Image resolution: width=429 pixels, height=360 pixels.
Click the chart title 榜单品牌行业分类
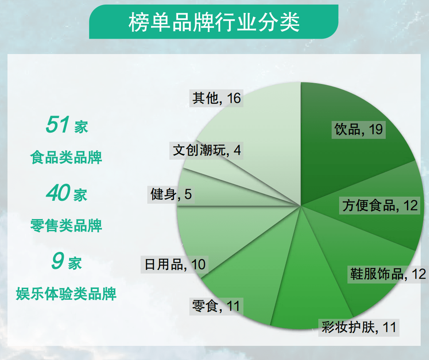click(x=214, y=22)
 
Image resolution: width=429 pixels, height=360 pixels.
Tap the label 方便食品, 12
click(x=380, y=205)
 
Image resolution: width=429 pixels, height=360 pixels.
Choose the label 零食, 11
click(x=216, y=307)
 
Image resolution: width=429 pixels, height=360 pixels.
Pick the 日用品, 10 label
click(x=175, y=264)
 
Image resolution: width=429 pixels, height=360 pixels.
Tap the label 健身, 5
click(x=171, y=194)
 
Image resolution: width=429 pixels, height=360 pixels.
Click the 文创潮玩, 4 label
click(x=207, y=150)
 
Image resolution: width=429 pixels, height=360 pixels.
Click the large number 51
click(x=58, y=124)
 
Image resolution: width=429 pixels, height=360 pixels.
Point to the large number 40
click(x=58, y=193)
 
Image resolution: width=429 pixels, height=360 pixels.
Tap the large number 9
click(x=58, y=261)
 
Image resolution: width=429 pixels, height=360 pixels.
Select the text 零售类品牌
click(x=66, y=226)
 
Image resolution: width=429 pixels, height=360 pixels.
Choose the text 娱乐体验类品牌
click(x=66, y=294)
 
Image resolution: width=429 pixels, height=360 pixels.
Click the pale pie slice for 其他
click(x=266, y=125)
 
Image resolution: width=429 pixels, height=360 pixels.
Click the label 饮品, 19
click(x=358, y=129)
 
